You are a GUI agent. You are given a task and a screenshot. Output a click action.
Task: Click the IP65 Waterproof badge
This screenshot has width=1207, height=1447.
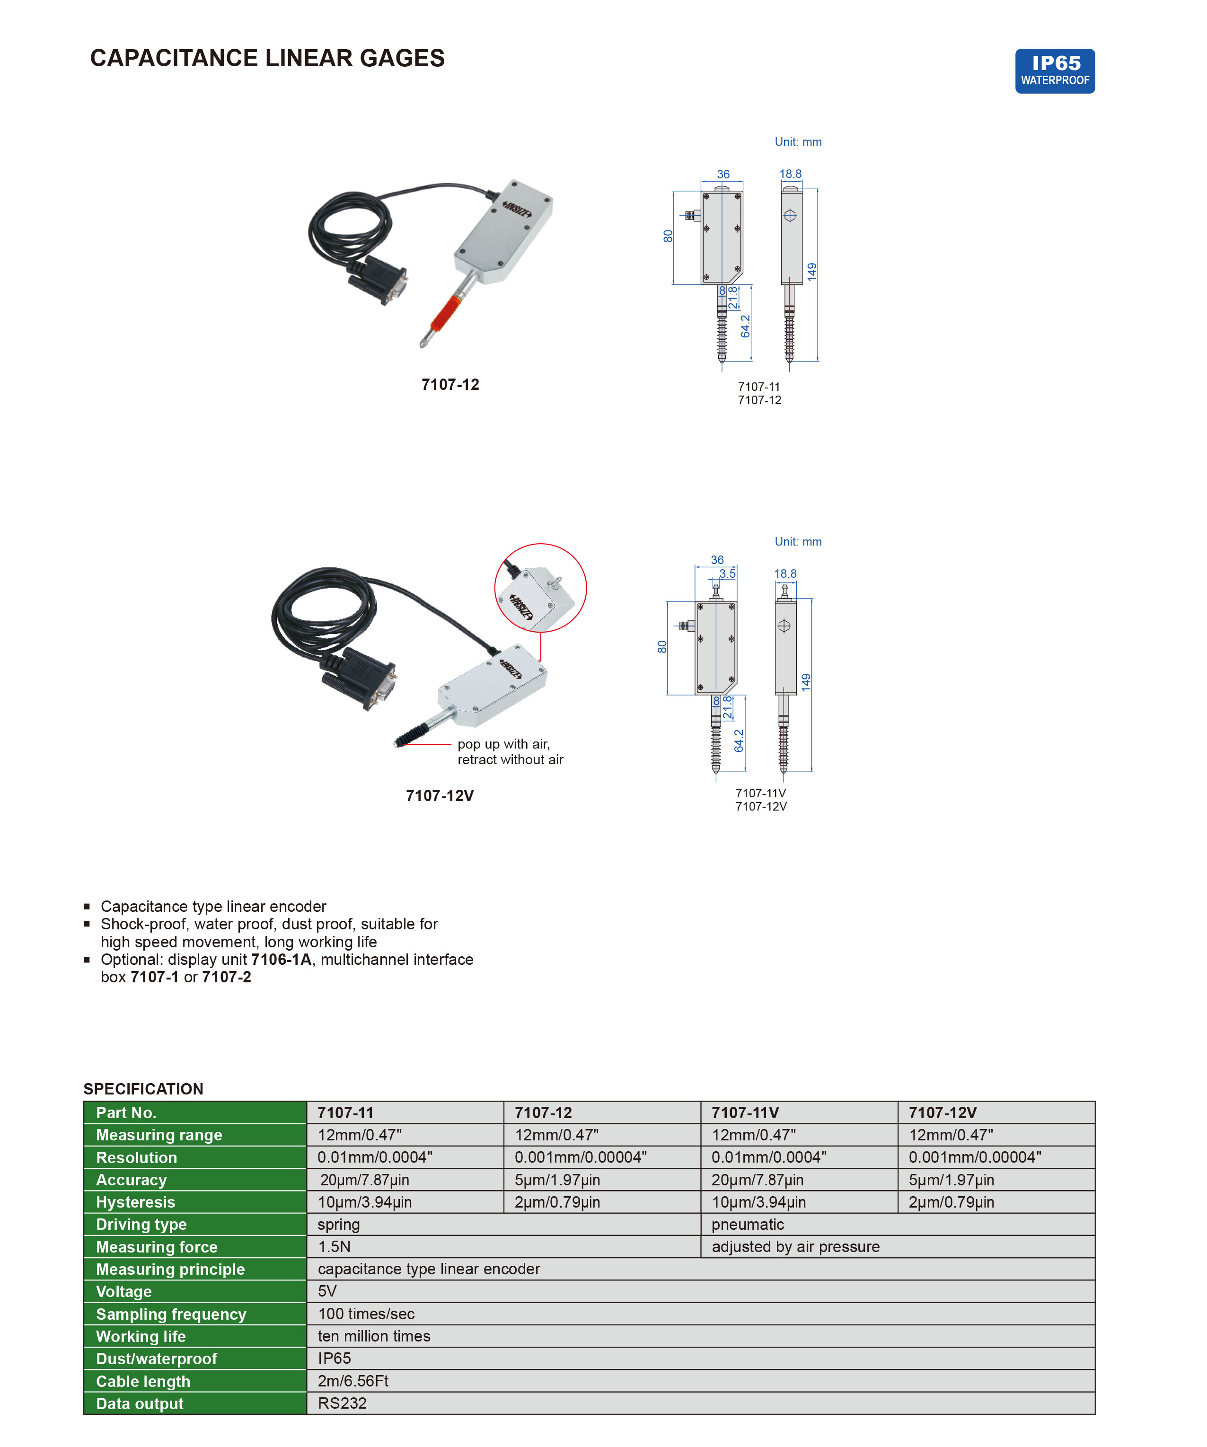tap(1054, 71)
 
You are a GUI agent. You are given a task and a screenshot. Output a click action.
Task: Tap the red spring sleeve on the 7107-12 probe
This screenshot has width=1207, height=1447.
tap(443, 314)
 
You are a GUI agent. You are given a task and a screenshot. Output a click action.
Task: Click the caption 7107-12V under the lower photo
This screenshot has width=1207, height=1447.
tap(440, 796)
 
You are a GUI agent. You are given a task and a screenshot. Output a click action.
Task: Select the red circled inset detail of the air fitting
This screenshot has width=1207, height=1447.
tap(540, 588)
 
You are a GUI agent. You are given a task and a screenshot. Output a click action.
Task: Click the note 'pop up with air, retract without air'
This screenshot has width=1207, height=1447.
tap(510, 752)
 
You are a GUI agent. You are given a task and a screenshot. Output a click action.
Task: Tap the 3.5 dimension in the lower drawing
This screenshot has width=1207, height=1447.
tap(728, 574)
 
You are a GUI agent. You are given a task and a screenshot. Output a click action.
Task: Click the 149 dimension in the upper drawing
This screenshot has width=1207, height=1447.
tap(811, 272)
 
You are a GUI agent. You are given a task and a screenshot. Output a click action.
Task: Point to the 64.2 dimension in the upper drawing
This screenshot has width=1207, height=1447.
tap(745, 326)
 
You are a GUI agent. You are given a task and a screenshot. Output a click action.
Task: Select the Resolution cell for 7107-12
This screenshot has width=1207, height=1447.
tap(580, 1157)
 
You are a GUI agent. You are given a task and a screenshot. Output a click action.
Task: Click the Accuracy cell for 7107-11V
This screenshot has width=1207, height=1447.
tap(757, 1180)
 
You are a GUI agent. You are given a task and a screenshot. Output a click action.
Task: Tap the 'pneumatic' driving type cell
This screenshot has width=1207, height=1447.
tap(748, 1225)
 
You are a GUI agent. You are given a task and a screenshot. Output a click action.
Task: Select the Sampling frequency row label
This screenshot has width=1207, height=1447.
tap(171, 1314)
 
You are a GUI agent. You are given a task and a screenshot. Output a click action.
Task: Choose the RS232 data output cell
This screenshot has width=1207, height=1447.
tap(343, 1403)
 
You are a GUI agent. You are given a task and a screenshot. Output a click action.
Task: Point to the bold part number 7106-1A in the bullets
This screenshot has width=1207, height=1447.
tap(281, 960)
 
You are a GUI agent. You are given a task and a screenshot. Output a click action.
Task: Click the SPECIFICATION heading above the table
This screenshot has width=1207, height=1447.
tap(143, 1089)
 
